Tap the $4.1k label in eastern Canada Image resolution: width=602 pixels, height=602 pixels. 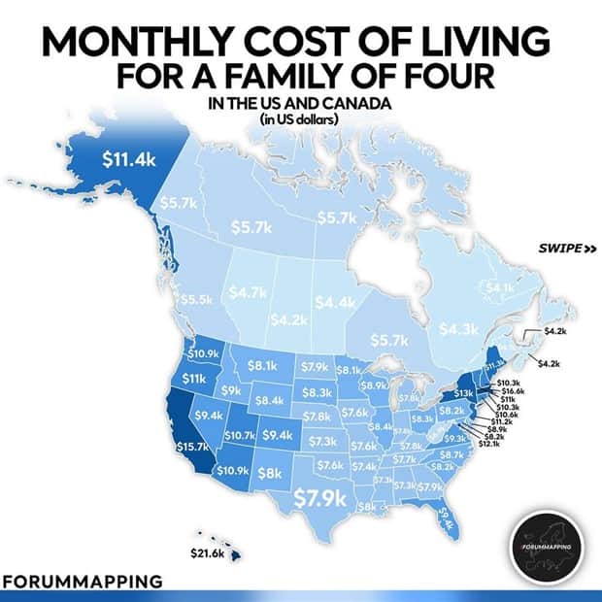click(x=499, y=287)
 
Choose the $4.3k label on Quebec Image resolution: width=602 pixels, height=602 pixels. click(x=457, y=329)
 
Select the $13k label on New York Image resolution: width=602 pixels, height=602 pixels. click(x=464, y=392)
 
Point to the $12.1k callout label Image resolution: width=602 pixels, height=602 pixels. click(x=511, y=445)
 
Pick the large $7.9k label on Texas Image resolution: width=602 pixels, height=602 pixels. click(x=320, y=498)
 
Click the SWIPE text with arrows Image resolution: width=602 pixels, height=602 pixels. click(x=566, y=248)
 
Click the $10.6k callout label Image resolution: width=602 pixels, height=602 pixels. click(x=510, y=414)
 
